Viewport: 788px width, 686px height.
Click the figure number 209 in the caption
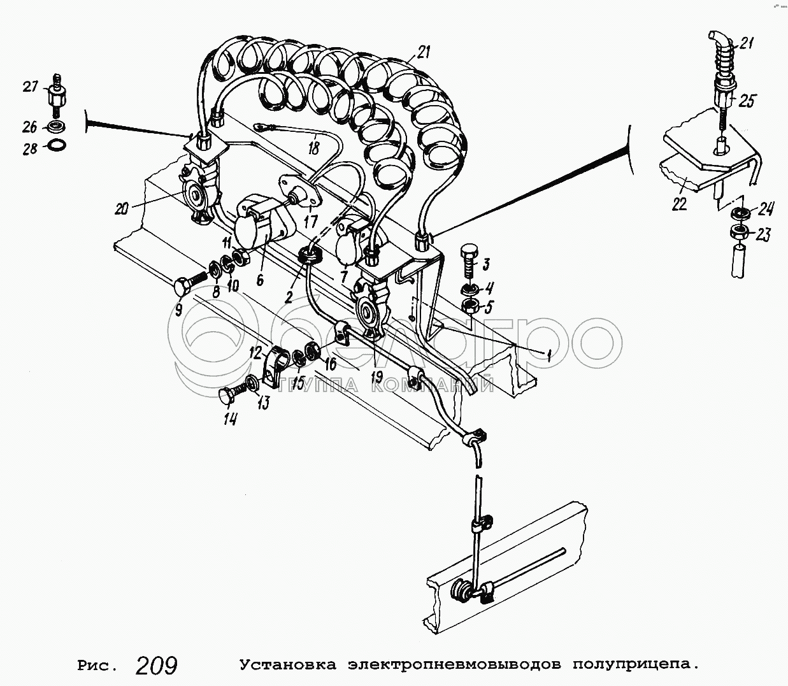point(156,665)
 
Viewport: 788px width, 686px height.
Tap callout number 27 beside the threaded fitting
point(30,87)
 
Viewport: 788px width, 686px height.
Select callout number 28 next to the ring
point(31,148)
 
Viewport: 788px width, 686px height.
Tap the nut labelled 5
point(471,306)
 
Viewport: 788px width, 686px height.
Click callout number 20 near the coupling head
point(121,209)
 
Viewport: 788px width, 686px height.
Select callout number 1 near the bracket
point(550,354)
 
